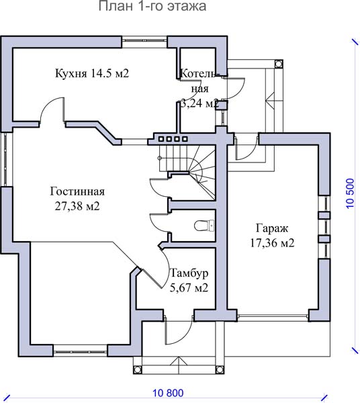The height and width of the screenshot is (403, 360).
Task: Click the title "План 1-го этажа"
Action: [x=152, y=6]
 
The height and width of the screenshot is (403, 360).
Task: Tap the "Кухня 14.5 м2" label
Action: [x=92, y=73]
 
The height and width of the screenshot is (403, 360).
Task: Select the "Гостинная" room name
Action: [x=77, y=191]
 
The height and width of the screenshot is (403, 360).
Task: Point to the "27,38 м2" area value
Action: [x=77, y=206]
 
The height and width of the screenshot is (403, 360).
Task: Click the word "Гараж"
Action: [x=272, y=228]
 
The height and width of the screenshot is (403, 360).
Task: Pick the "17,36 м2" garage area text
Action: [x=272, y=243]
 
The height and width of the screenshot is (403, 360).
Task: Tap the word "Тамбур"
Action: [x=189, y=273]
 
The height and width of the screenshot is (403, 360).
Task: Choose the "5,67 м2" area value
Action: [x=189, y=288]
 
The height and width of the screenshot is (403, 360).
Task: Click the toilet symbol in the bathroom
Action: [x=204, y=226]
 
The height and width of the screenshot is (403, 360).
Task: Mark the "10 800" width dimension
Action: [x=169, y=393]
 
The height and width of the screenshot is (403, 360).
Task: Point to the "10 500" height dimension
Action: [x=351, y=193]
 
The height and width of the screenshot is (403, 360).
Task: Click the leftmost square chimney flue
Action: [x=161, y=139]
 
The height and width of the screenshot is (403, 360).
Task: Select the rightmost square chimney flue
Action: [x=185, y=139]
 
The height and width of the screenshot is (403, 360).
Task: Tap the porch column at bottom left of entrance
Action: [x=137, y=370]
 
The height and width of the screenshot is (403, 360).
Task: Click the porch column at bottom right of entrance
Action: [x=220, y=370]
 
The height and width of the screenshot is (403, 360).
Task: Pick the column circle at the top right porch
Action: [x=278, y=64]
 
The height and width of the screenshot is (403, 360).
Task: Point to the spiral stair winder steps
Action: [x=203, y=170]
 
